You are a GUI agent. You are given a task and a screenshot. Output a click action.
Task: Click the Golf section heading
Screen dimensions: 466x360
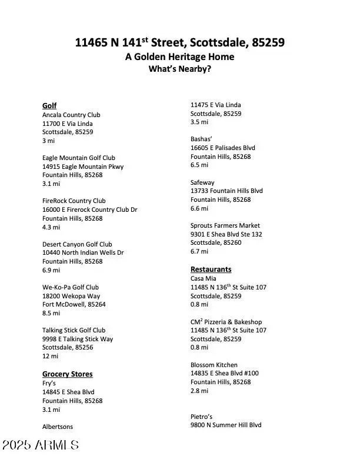49,106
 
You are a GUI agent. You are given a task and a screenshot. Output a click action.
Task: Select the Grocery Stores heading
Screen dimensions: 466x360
67,374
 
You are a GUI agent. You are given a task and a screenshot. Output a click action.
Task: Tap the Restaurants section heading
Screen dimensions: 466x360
211,269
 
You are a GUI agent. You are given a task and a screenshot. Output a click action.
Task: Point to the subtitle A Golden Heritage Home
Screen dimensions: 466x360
179,57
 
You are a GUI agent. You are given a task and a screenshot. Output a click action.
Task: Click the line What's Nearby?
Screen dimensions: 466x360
179,69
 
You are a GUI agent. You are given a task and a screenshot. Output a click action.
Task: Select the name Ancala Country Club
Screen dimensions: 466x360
71,115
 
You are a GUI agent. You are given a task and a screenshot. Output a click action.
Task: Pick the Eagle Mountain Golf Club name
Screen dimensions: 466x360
78,158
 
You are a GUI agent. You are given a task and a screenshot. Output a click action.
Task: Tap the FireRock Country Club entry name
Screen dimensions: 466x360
74,201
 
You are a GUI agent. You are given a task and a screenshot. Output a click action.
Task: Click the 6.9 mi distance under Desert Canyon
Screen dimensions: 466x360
51,270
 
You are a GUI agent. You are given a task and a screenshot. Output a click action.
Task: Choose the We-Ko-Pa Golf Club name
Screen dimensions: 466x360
70,288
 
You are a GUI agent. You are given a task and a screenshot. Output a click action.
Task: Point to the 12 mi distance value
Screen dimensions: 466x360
50,357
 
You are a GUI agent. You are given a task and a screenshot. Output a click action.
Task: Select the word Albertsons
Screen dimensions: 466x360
58,427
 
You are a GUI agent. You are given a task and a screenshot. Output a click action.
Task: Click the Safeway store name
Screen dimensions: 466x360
202,183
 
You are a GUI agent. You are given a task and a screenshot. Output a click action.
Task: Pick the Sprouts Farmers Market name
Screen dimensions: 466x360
225,226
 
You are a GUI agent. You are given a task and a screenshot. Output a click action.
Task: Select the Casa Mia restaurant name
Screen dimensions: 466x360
203,279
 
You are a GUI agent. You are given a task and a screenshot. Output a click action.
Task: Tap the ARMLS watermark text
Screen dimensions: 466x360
40,445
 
